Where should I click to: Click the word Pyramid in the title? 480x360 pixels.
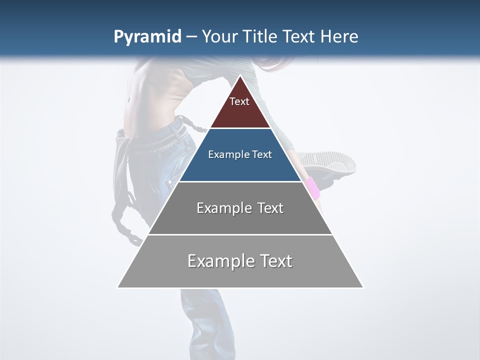coord(147,37)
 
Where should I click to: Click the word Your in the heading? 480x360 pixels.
coord(218,37)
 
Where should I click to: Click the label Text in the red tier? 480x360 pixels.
coord(239,101)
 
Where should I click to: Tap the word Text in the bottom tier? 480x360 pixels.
coord(275,261)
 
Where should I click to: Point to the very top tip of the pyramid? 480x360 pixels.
coord(240,76)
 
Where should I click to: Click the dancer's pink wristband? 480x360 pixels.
coord(312,188)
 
